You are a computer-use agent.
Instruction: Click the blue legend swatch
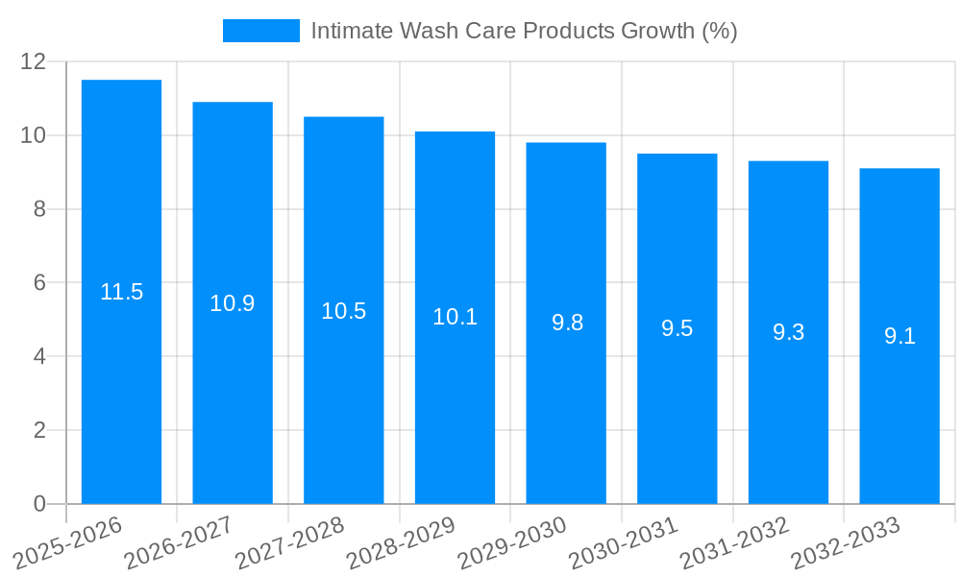click(x=260, y=31)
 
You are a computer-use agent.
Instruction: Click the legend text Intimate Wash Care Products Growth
click(x=524, y=31)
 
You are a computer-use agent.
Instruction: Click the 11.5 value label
click(x=121, y=292)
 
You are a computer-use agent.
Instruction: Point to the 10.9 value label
click(x=233, y=303)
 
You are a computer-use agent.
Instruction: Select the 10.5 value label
click(x=343, y=311)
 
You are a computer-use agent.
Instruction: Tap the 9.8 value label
click(x=567, y=323)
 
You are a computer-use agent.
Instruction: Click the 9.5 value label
click(x=677, y=328)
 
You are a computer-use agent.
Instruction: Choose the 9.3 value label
click(x=788, y=332)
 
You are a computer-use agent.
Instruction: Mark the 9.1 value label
click(x=899, y=336)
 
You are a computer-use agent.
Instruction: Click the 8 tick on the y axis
click(x=39, y=209)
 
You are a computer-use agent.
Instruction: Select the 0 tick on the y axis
click(x=39, y=504)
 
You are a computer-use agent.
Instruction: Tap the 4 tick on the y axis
click(x=39, y=356)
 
